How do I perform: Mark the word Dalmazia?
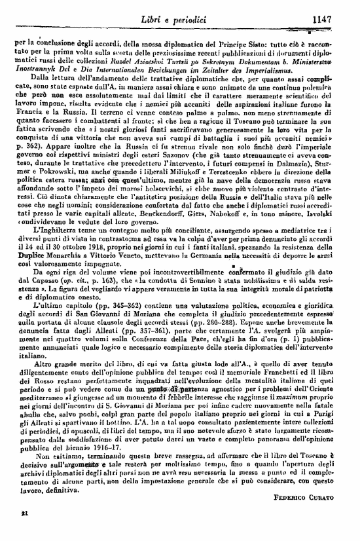[301, 176]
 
